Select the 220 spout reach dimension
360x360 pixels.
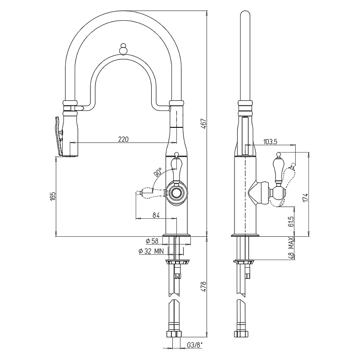(x=123, y=139)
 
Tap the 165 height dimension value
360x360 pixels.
(x=53, y=197)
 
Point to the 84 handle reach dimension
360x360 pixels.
(x=156, y=215)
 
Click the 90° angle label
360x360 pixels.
(x=158, y=172)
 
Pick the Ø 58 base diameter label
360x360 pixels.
(x=152, y=241)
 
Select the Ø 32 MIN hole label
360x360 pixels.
(x=151, y=251)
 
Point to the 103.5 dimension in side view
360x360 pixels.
(x=270, y=142)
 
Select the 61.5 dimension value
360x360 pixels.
(x=291, y=221)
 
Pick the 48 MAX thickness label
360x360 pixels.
(x=291, y=248)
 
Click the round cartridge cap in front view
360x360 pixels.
(x=177, y=192)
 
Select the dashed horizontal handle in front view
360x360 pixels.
(x=151, y=193)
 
